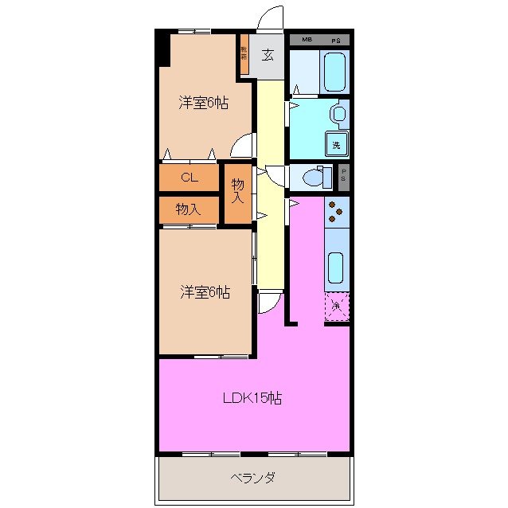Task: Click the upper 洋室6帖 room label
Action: coord(205,102)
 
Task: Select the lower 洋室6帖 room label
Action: coord(205,293)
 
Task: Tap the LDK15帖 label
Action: coord(252,397)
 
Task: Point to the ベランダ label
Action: coord(253,478)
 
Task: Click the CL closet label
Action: coord(189,178)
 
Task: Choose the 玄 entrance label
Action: coord(269,55)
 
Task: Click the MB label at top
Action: coord(307,39)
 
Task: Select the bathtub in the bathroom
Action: coord(334,72)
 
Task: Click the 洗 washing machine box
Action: coord(337,145)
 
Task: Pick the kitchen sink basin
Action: coord(336,268)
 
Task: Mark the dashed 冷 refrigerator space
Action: coord(337,307)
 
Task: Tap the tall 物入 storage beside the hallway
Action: coord(237,192)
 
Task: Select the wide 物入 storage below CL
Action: coord(188,209)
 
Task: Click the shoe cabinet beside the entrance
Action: coord(244,55)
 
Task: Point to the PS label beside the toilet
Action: coord(344,175)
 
